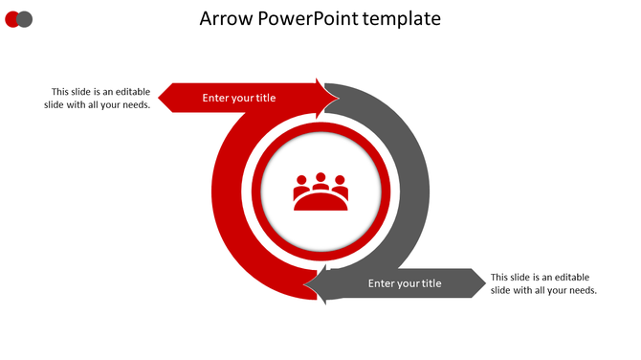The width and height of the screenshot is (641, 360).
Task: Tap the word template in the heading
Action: coord(402,18)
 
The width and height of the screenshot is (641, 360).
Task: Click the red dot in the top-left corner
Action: coord(11,19)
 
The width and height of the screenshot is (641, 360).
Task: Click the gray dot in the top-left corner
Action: coord(26,19)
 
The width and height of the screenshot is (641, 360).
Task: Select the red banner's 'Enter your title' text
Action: coord(239,98)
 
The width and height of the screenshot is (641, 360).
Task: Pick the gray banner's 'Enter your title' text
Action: coord(405,283)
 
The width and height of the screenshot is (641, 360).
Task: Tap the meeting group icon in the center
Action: coord(320,191)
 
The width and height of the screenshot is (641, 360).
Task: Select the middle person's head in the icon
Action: coord(320,178)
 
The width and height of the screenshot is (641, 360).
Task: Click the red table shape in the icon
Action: coord(320,201)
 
